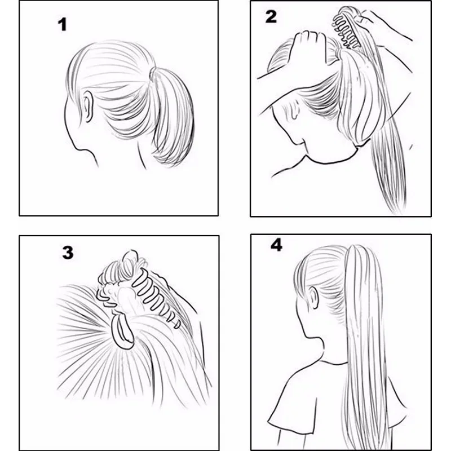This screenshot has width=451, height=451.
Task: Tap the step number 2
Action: pos(271,17)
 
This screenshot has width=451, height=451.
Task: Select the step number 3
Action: pos(68,253)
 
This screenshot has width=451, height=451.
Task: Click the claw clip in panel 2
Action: pos(345,28)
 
